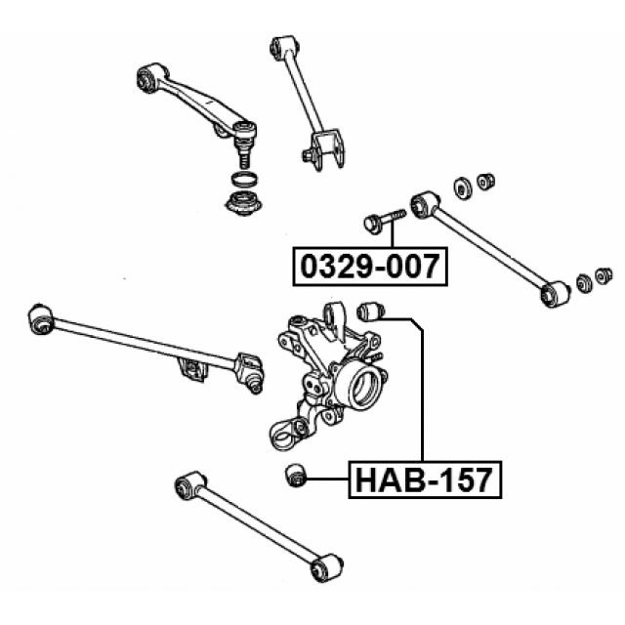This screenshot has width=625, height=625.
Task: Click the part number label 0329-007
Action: click(x=370, y=266)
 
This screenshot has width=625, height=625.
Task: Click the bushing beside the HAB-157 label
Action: click(x=295, y=476)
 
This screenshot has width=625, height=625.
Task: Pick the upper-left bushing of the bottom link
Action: click(x=187, y=483)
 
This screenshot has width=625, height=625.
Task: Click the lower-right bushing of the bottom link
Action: click(x=326, y=568)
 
